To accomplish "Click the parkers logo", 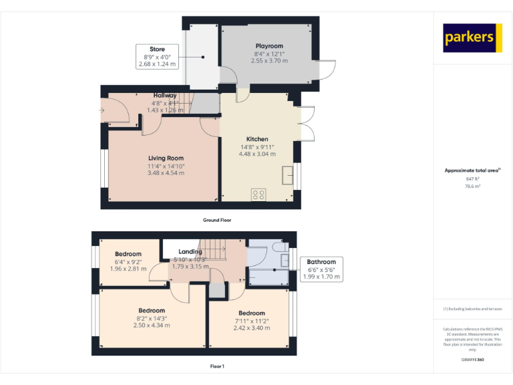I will [472, 38].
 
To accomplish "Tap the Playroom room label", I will [270, 46].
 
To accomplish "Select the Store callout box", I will [157, 57].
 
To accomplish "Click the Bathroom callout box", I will [321, 269].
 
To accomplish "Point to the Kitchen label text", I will [257, 139].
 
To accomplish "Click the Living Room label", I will [166, 158].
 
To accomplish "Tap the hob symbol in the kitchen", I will [259, 195].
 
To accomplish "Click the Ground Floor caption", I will [217, 220].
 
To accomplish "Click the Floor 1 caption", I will [217, 366].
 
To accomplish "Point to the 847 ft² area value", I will [472, 179].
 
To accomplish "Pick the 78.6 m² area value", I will [472, 187].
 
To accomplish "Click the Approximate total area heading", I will [472, 171].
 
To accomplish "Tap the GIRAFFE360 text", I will [472, 360].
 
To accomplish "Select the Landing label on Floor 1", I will [190, 251].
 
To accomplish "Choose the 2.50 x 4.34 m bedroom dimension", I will [152, 326].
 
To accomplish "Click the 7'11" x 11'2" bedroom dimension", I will [252, 321].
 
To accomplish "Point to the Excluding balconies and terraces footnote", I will [472, 309].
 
